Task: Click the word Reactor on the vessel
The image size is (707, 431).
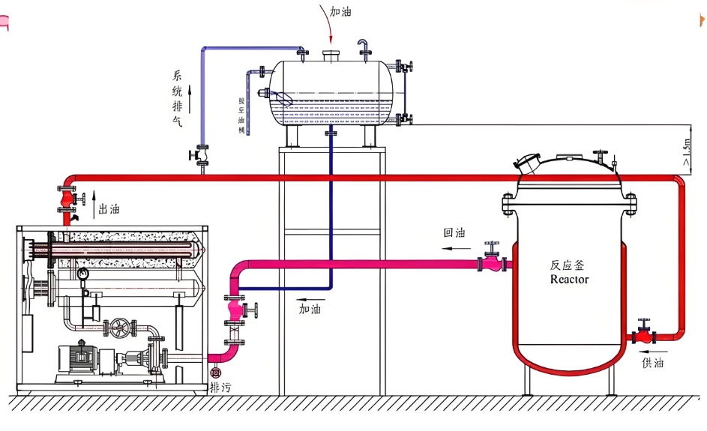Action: pos(570,280)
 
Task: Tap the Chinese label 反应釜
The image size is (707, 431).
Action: pos(569,265)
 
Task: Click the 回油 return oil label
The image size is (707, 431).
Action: pos(454,233)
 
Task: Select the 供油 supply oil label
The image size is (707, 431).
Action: pos(653,364)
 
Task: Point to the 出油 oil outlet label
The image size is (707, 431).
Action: pos(109,210)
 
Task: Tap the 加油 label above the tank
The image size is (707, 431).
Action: pos(341,13)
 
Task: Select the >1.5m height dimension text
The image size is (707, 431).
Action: pos(687,154)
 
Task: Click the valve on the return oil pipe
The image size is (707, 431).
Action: pos(493,260)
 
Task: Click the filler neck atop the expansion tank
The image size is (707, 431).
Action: pos(331,55)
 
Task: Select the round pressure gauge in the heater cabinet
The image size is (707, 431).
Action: pos(81,274)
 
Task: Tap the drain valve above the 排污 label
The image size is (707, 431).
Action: pos(216,373)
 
